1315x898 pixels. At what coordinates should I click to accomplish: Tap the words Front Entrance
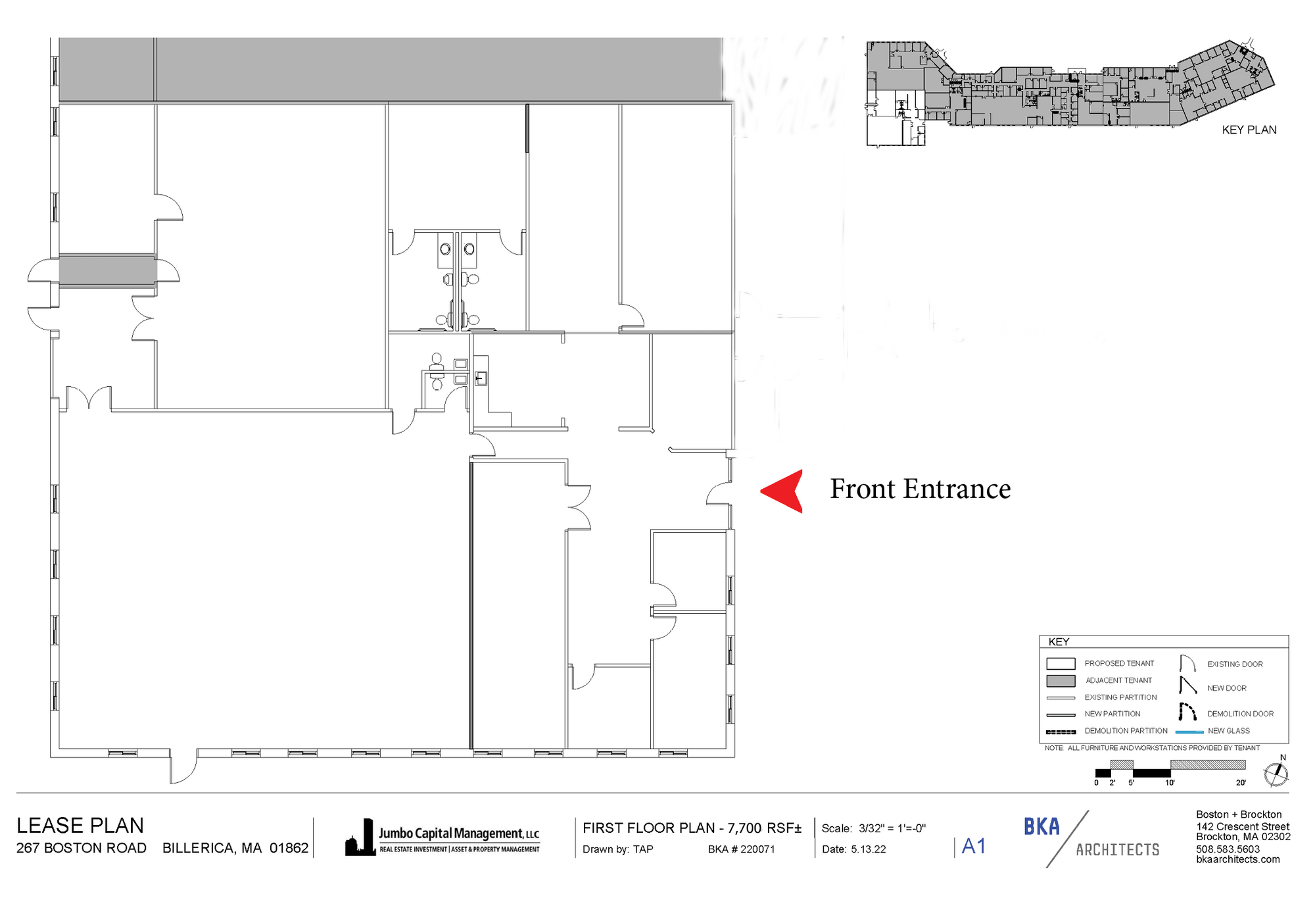(x=920, y=489)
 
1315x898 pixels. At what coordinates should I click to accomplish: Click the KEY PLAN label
(x=1249, y=130)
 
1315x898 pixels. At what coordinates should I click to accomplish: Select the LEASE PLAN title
(x=80, y=826)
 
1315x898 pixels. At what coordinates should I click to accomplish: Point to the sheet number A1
(x=974, y=846)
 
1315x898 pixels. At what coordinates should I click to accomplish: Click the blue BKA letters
(x=1041, y=826)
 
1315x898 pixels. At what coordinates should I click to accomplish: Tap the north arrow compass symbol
(x=1276, y=774)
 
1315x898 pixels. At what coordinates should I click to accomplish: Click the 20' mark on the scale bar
(x=1241, y=783)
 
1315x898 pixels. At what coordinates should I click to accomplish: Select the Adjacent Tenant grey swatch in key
(x=1061, y=681)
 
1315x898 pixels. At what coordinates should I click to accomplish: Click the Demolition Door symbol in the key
(x=1187, y=712)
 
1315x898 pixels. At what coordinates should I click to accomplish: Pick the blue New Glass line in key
(x=1189, y=732)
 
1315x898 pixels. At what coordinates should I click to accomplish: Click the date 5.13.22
(x=868, y=849)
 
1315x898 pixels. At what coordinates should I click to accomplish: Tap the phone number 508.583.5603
(x=1228, y=849)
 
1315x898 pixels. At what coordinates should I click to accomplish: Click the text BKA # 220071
(x=741, y=849)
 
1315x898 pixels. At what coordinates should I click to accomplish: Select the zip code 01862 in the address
(x=289, y=848)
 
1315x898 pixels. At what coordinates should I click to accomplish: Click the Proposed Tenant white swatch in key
(x=1061, y=664)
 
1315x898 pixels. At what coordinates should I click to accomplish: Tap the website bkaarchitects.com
(x=1238, y=859)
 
